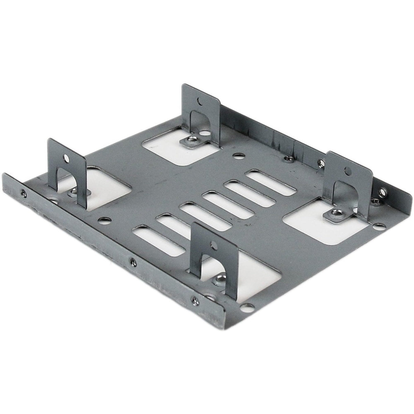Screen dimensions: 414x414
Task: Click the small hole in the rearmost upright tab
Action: [x=199, y=101]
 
